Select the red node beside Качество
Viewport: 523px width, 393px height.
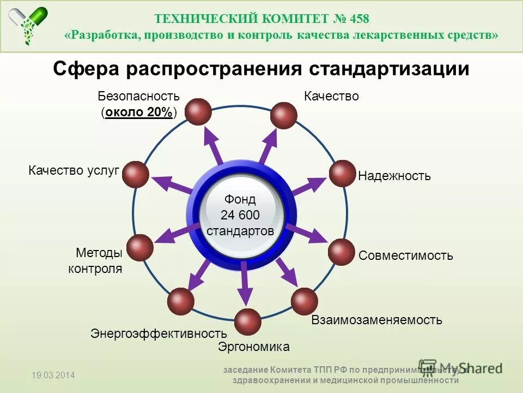point(284,115)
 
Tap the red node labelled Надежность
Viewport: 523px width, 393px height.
point(342,173)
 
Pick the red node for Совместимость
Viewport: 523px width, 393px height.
point(342,252)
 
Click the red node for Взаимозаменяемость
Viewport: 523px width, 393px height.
point(304,301)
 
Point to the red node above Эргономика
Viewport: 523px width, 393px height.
point(248,321)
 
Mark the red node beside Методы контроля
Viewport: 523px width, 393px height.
point(140,247)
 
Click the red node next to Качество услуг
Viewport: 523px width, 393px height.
point(136,175)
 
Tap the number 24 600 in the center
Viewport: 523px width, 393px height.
point(240,215)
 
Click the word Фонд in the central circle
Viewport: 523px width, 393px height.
point(240,199)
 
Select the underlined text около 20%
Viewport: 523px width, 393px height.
point(139,112)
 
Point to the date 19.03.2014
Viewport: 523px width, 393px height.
point(53,375)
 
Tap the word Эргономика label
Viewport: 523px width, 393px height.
point(253,347)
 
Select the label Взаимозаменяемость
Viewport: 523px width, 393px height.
point(376,320)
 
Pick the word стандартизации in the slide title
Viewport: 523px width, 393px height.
point(390,69)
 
